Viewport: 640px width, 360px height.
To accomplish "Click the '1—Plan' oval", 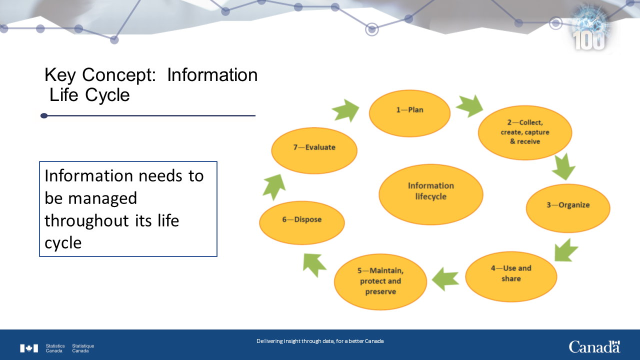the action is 409,113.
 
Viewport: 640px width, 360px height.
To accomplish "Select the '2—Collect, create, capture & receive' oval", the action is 525,132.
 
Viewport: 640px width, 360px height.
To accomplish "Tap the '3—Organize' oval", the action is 568,208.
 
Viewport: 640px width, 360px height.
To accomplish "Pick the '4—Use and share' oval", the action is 511,276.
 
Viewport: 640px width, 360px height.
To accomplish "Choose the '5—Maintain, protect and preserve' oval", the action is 380,282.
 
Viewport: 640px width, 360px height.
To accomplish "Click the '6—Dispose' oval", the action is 302,223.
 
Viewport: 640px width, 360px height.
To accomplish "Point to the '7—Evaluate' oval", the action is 314,150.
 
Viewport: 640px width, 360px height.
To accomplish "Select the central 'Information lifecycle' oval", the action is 431,194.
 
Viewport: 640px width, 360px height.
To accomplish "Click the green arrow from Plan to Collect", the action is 469,106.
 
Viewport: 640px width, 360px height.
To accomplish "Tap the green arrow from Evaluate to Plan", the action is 346,110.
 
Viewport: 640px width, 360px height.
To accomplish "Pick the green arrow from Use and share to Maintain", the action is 445,279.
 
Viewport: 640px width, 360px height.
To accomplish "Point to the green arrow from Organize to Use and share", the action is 565,250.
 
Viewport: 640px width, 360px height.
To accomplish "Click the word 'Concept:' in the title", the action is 119,75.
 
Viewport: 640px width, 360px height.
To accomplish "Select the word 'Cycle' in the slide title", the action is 107,95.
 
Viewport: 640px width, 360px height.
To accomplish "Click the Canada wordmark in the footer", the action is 594,347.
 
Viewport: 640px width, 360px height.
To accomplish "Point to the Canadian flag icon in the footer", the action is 29,348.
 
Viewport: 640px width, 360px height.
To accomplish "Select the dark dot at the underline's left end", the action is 44,115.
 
